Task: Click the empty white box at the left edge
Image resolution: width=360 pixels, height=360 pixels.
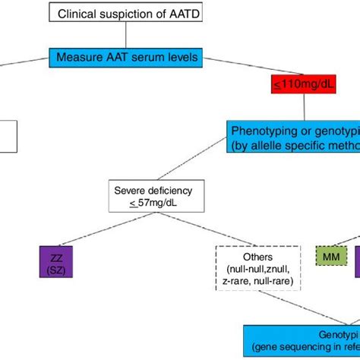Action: [7, 134]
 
